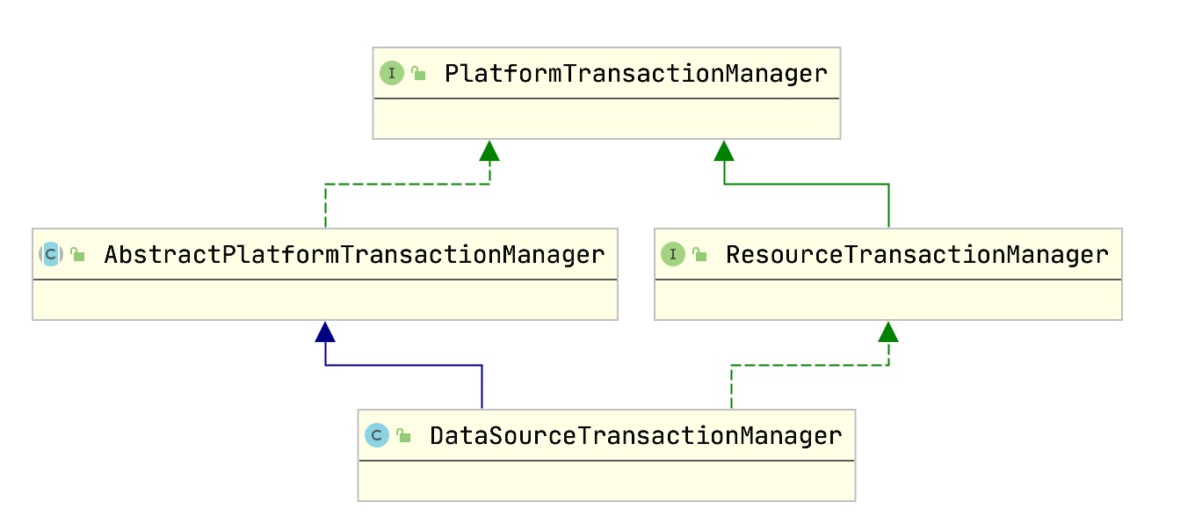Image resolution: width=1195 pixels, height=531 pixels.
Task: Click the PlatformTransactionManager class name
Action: pos(635,73)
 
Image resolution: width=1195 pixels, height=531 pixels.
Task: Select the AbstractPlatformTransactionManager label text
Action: pos(354,255)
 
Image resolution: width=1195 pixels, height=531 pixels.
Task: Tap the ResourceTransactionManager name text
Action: pos(916,255)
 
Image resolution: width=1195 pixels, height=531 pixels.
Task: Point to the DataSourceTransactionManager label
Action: pos(635,435)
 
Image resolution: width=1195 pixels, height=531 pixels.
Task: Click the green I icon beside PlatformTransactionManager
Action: pos(391,73)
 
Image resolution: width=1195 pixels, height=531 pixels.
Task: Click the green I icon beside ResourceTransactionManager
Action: pos(673,255)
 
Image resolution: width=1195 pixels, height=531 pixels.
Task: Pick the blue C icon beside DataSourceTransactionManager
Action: pos(377,435)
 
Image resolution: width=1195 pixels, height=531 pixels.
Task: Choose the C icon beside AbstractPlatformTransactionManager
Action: pos(50,255)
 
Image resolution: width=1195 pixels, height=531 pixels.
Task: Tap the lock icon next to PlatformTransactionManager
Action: pos(418,74)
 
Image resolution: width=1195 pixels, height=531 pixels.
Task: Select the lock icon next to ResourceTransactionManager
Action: pos(699,256)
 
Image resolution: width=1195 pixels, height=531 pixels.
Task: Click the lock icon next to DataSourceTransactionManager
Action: pos(403,436)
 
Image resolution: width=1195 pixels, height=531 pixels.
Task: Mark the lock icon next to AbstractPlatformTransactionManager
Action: pos(77,256)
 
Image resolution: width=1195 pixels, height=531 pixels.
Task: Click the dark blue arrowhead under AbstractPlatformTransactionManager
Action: pos(326,331)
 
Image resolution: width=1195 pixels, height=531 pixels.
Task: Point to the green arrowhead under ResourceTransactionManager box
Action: pos(888,331)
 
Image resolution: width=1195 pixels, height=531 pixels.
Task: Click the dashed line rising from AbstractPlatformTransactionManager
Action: pos(326,207)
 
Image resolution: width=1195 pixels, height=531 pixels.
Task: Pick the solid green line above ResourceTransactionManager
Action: pos(888,207)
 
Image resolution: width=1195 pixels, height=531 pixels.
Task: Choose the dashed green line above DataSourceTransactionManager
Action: pos(731,387)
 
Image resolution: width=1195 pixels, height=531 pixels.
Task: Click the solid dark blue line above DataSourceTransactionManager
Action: pos(482,387)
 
